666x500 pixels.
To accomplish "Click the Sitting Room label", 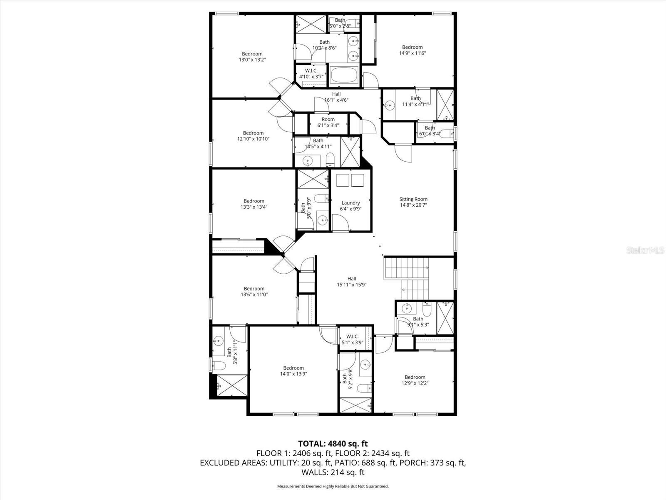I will (413, 202).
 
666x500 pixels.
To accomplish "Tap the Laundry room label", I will (350, 206).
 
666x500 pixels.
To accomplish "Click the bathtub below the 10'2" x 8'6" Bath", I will (344, 76).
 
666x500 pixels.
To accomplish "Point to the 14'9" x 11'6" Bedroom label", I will (412, 50).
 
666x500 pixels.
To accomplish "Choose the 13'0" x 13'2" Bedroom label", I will (252, 57).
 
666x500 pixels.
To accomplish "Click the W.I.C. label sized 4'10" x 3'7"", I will (311, 74).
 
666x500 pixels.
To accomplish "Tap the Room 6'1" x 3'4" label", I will (328, 122).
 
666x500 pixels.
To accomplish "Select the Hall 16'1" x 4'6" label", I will (336, 97).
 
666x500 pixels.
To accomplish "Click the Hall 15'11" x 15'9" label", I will (352, 282).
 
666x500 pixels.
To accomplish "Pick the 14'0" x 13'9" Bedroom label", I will (293, 371).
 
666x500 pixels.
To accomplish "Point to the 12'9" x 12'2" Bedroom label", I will (415, 380).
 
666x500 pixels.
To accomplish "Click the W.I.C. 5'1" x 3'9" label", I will (352, 339).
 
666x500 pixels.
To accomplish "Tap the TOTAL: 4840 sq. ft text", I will (333, 444).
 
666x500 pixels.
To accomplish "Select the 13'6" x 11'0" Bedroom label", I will (254, 291).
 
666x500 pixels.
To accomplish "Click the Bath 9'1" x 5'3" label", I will (418, 322).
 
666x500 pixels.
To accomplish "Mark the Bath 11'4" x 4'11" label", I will (415, 101).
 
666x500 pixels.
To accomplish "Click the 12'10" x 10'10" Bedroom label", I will (253, 136).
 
